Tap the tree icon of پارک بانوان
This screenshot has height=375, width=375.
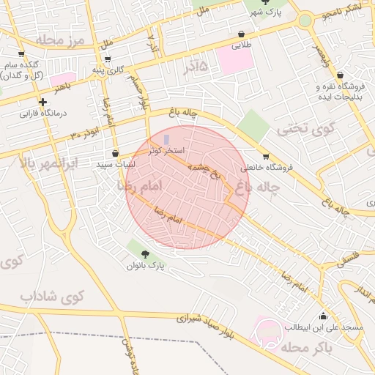point(145,253)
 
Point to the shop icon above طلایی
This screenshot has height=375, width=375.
point(242,34)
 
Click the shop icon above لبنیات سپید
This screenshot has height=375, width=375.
point(115,154)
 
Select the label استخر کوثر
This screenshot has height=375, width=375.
point(166,150)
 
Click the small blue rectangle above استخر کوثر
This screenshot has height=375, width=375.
point(166,139)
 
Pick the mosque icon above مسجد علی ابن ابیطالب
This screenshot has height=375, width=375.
point(324,316)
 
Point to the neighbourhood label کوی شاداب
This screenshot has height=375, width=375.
point(52,297)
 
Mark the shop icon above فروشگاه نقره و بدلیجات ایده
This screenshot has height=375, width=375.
point(341,75)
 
